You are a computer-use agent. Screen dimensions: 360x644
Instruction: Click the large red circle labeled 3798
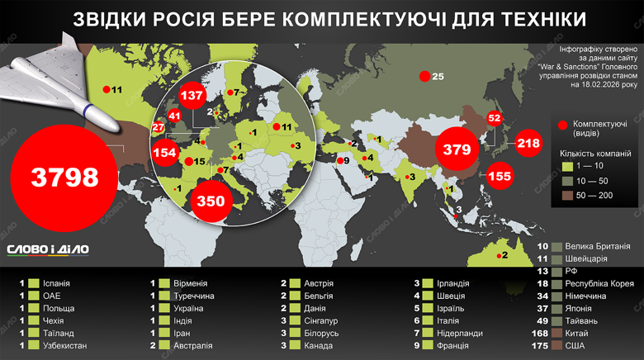(64, 175)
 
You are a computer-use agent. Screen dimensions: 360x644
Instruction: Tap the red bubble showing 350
(211, 200)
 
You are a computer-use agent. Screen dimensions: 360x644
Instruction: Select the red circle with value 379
(457, 149)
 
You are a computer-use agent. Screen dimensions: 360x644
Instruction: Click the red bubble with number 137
(192, 96)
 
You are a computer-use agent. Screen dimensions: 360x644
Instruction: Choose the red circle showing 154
(164, 153)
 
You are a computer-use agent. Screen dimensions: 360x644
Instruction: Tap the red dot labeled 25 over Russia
(424, 77)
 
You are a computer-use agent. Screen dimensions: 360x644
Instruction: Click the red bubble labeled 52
(495, 118)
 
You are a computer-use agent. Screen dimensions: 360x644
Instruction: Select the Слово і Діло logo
(48, 249)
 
